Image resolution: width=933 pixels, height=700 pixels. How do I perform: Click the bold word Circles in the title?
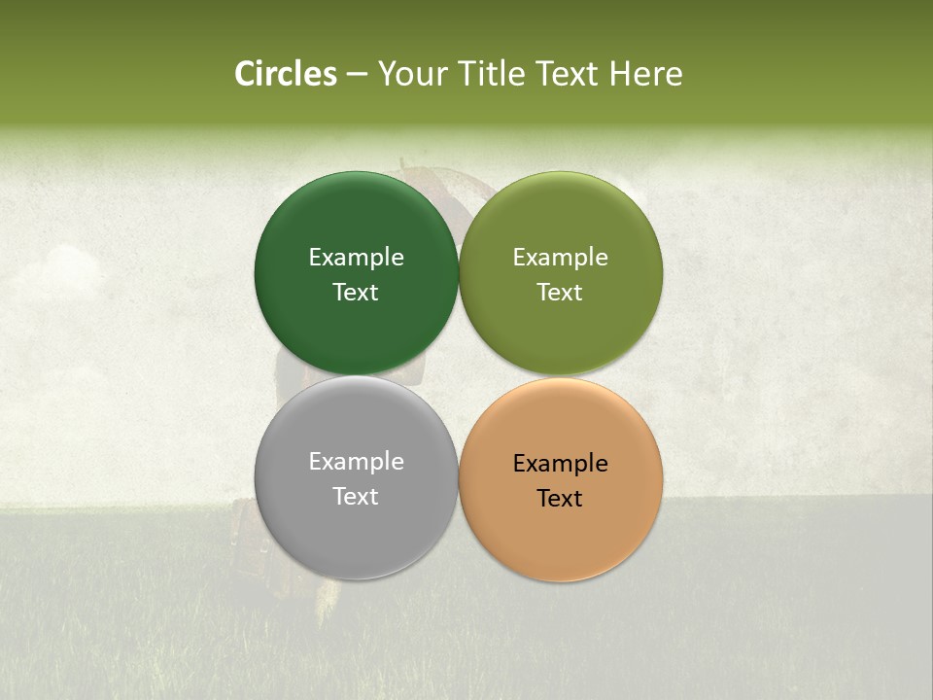click(x=285, y=74)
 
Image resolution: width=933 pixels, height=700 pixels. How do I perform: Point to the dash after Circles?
click(x=357, y=75)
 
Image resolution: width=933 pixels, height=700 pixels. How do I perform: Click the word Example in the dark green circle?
click(x=356, y=257)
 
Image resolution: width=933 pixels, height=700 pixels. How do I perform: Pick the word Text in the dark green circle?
click(x=356, y=292)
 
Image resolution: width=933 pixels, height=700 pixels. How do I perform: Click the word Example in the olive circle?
click(x=561, y=257)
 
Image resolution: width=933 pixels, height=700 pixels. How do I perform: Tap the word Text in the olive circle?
click(x=561, y=292)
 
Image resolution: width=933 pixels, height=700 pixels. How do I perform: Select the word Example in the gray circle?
click(x=356, y=461)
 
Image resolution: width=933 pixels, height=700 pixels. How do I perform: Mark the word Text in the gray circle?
click(x=356, y=496)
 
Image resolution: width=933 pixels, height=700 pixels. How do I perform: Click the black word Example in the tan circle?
click(x=561, y=463)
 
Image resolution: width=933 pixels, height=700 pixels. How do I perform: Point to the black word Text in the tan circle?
click(x=561, y=498)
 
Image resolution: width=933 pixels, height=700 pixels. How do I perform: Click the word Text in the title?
click(x=569, y=74)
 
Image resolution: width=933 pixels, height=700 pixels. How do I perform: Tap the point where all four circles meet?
click(x=459, y=376)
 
